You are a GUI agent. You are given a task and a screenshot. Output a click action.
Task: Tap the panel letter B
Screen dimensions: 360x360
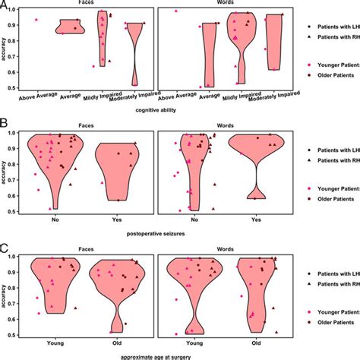5,121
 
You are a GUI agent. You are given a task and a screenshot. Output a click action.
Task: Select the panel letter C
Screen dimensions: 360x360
5,247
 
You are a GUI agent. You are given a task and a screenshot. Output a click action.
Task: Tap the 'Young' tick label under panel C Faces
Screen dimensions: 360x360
53,343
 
